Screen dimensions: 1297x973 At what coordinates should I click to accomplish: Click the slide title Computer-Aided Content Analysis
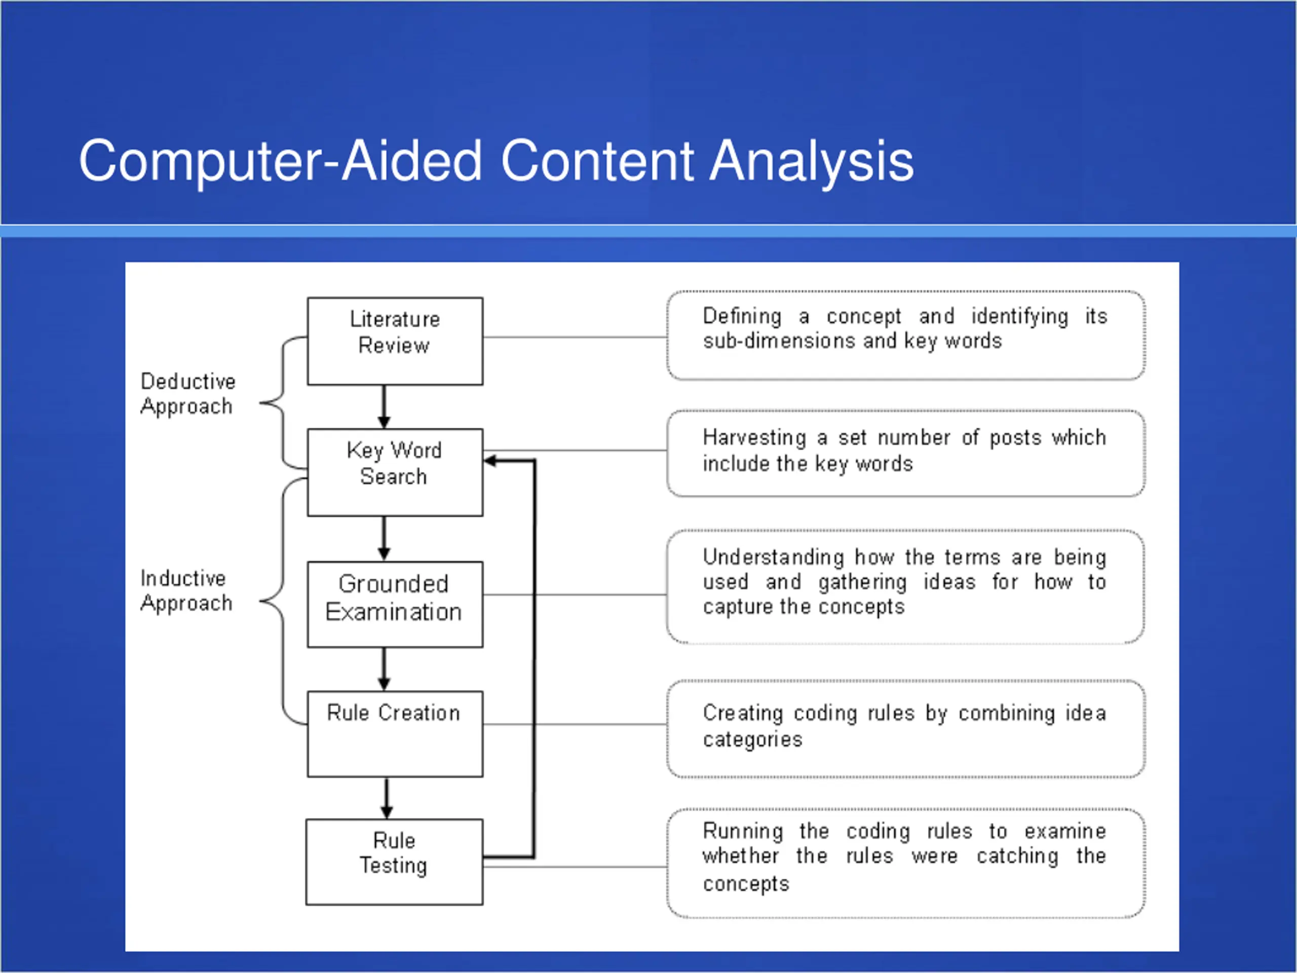496,161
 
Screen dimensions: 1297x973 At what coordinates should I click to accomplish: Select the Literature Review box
395,342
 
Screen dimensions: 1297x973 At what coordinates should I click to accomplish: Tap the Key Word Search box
395,473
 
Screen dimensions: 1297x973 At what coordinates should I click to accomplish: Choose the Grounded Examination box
395,605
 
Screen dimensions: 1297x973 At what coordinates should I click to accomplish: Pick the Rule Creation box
395,734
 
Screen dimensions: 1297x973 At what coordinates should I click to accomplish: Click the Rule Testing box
395,862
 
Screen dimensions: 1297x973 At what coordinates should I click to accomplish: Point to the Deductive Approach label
187,394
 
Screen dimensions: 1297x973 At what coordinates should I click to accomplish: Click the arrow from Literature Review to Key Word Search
384,407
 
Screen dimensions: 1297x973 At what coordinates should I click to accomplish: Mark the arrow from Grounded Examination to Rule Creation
384,669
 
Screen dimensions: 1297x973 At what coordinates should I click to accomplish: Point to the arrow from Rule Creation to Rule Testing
387,798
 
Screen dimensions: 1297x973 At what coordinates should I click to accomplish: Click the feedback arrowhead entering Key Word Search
491,461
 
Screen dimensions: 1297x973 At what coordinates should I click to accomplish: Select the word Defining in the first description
742,317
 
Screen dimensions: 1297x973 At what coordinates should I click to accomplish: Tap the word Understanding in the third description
774,557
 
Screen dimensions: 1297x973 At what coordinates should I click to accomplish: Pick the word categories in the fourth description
752,739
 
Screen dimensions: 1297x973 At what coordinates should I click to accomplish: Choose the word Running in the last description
743,832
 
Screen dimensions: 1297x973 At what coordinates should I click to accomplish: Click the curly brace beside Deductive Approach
283,403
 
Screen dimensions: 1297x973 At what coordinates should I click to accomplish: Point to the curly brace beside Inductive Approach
283,601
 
